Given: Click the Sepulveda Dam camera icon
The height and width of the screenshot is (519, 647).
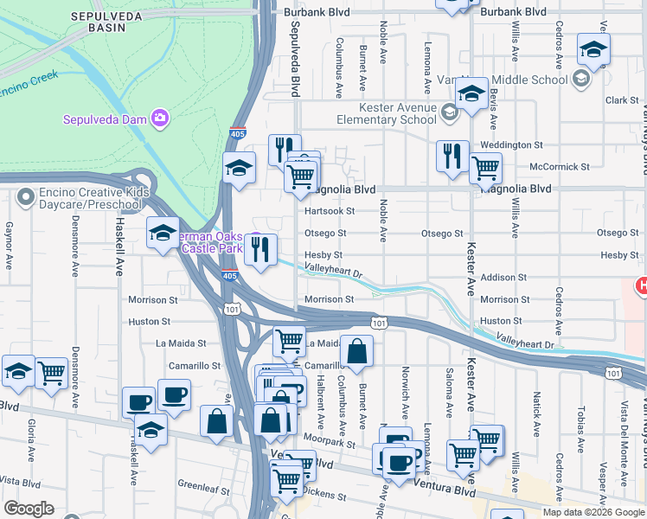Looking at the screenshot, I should click(x=159, y=118).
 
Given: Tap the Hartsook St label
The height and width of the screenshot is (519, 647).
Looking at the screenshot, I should click(x=330, y=211).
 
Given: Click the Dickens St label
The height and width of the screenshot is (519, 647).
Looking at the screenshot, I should click(x=325, y=497).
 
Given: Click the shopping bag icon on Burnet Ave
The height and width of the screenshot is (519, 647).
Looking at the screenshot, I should click(x=356, y=351).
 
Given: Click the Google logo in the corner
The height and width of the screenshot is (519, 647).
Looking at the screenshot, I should click(x=28, y=509).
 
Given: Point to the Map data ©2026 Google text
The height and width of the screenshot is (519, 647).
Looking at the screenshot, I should click(x=593, y=512).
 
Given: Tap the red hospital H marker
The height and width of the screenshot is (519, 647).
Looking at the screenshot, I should click(x=641, y=285).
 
